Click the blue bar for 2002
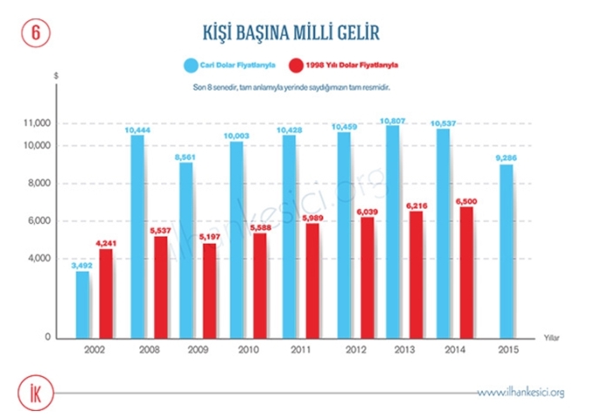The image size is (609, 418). [x=83, y=305]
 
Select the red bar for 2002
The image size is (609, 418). [x=106, y=293]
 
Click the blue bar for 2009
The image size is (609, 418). [x=186, y=250]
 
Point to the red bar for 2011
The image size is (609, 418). [x=311, y=280]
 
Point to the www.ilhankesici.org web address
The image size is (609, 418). [x=521, y=392]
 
